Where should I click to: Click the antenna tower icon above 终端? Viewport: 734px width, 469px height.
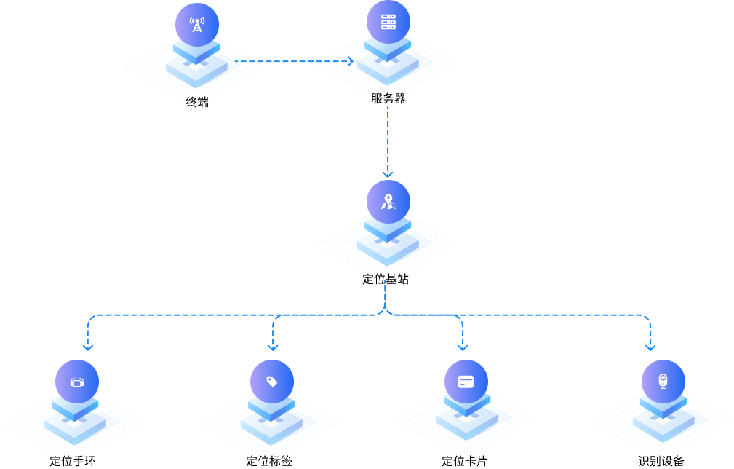196,25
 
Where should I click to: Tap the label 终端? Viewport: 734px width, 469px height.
196,102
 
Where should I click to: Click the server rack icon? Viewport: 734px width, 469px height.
388,22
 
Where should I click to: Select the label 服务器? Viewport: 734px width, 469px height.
388,98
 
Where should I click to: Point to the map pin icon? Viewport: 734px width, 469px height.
388,202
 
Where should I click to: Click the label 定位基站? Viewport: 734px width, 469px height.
386,279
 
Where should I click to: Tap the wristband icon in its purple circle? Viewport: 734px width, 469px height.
77,382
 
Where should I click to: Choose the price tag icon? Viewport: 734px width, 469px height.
272,381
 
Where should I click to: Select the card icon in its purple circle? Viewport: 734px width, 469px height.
466,382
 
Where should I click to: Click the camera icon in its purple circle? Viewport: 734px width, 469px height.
663,381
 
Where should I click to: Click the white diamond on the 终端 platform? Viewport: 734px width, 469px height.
196,66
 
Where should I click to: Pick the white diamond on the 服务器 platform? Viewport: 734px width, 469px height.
388,64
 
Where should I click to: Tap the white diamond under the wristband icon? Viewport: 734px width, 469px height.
75,423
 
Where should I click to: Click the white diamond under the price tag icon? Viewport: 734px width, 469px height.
271,423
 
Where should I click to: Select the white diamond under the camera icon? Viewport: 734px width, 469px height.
663,421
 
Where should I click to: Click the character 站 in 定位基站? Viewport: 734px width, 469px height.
403,279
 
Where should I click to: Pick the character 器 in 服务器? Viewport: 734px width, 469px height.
399,98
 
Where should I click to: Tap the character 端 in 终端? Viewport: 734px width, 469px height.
202,102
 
